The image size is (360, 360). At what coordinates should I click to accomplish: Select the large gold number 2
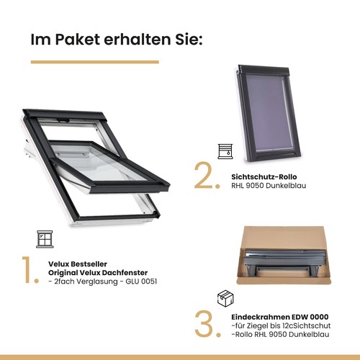pos(205,176)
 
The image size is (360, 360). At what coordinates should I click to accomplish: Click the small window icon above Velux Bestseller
pos(45,239)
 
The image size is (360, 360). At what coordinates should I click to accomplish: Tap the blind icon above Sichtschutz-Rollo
pos(225,150)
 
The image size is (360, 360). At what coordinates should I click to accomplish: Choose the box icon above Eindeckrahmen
pos(225,297)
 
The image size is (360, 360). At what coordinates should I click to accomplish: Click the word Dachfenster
pos(126,273)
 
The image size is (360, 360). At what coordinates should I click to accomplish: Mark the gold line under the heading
pos(94,62)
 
